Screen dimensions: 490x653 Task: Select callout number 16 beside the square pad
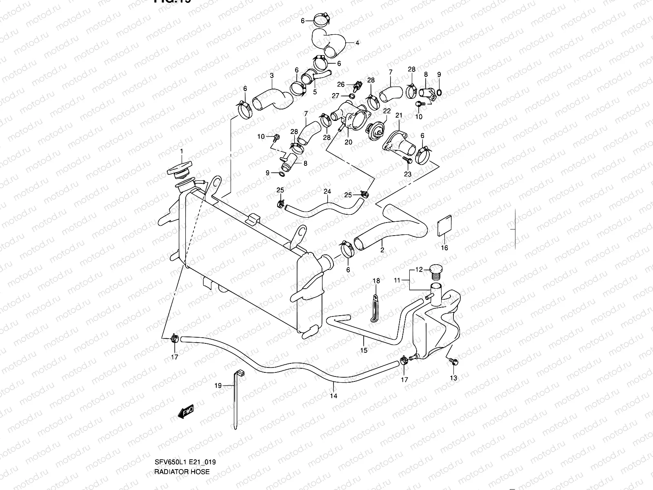point(444,248)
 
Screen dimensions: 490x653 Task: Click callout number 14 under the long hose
point(334,395)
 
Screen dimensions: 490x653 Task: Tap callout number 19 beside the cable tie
point(218,385)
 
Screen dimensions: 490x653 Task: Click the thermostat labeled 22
point(375,131)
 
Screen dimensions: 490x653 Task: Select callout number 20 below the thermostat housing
point(348,142)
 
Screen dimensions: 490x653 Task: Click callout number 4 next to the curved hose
point(357,42)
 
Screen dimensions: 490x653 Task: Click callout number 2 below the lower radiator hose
point(382,250)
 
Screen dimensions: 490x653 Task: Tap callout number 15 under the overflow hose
point(364,350)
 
